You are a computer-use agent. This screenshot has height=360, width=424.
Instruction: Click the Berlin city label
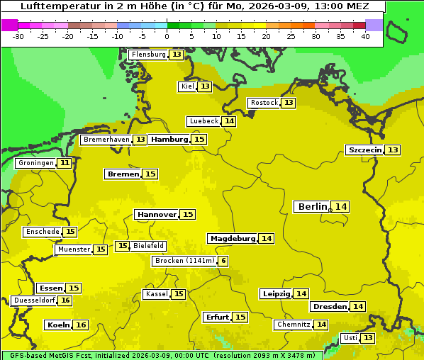click(312, 206)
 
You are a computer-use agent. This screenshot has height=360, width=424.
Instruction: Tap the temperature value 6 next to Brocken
click(224, 261)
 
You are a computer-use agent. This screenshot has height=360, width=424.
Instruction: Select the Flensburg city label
click(148, 55)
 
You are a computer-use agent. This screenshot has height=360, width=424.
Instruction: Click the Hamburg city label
click(169, 140)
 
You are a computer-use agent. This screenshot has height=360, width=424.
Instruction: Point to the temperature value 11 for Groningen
click(65, 163)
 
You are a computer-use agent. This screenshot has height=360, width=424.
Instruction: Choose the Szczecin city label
click(364, 150)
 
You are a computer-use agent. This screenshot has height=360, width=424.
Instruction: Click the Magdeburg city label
click(232, 239)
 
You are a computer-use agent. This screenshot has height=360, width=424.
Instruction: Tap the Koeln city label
click(58, 325)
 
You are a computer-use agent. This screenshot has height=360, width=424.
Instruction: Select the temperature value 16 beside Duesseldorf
click(65, 300)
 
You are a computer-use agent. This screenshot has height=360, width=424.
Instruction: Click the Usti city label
click(350, 338)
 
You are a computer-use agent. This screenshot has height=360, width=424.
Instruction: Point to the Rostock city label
click(264, 103)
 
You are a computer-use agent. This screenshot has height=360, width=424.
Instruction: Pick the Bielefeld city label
click(149, 246)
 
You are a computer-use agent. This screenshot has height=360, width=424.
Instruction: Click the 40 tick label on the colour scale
click(365, 36)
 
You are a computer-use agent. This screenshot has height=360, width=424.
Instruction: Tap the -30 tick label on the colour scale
click(18, 36)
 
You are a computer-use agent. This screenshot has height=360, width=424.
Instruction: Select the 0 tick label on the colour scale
click(167, 36)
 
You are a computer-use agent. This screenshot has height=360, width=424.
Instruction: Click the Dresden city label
click(329, 307)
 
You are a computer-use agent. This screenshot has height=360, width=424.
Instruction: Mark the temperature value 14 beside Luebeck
click(229, 121)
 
